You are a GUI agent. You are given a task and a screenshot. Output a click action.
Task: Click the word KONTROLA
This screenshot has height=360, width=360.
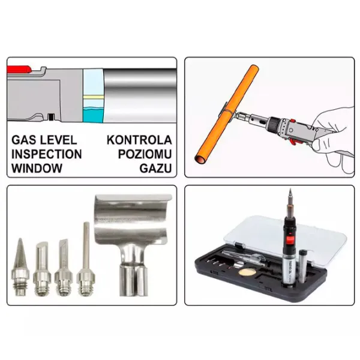tap(139, 140)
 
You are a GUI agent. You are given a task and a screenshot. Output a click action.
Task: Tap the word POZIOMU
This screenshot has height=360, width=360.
tap(145, 154)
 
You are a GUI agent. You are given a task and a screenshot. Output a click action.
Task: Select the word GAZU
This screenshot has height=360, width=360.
tap(155, 168)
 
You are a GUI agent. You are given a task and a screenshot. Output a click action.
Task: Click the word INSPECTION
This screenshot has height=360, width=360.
tap(47, 154)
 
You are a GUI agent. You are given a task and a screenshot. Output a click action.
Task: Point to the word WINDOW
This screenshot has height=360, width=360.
tap(37, 168)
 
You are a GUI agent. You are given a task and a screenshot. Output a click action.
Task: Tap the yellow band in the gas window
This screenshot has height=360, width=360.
tap(94, 97)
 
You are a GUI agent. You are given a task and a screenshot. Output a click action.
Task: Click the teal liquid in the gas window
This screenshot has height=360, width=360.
tap(93, 115)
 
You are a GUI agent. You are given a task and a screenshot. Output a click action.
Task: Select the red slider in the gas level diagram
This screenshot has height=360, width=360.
tap(19, 69)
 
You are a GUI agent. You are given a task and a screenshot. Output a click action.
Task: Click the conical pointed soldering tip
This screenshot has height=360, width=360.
tap(20, 267)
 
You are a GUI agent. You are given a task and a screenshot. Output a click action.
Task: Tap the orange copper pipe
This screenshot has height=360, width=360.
tap(227, 113)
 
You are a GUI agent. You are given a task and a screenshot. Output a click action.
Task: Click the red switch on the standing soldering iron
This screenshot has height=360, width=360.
tap(290, 241)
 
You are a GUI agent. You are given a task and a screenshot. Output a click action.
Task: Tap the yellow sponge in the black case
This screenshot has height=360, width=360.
tap(247, 272)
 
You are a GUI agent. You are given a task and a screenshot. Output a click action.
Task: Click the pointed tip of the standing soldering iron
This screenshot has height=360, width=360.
tap(290, 189)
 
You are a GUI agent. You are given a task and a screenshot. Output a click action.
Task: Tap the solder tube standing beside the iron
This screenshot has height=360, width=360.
tap(303, 266)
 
